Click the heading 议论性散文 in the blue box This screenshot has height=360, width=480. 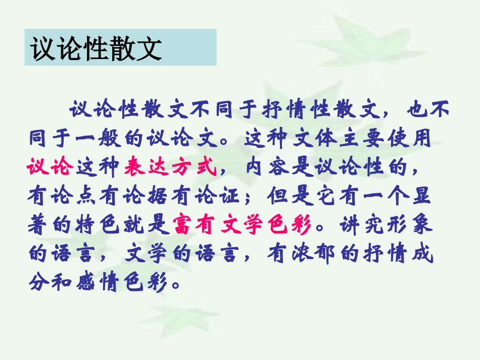click(96, 48)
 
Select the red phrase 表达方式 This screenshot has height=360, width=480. click(170, 167)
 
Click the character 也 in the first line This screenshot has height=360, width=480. click(415, 109)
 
